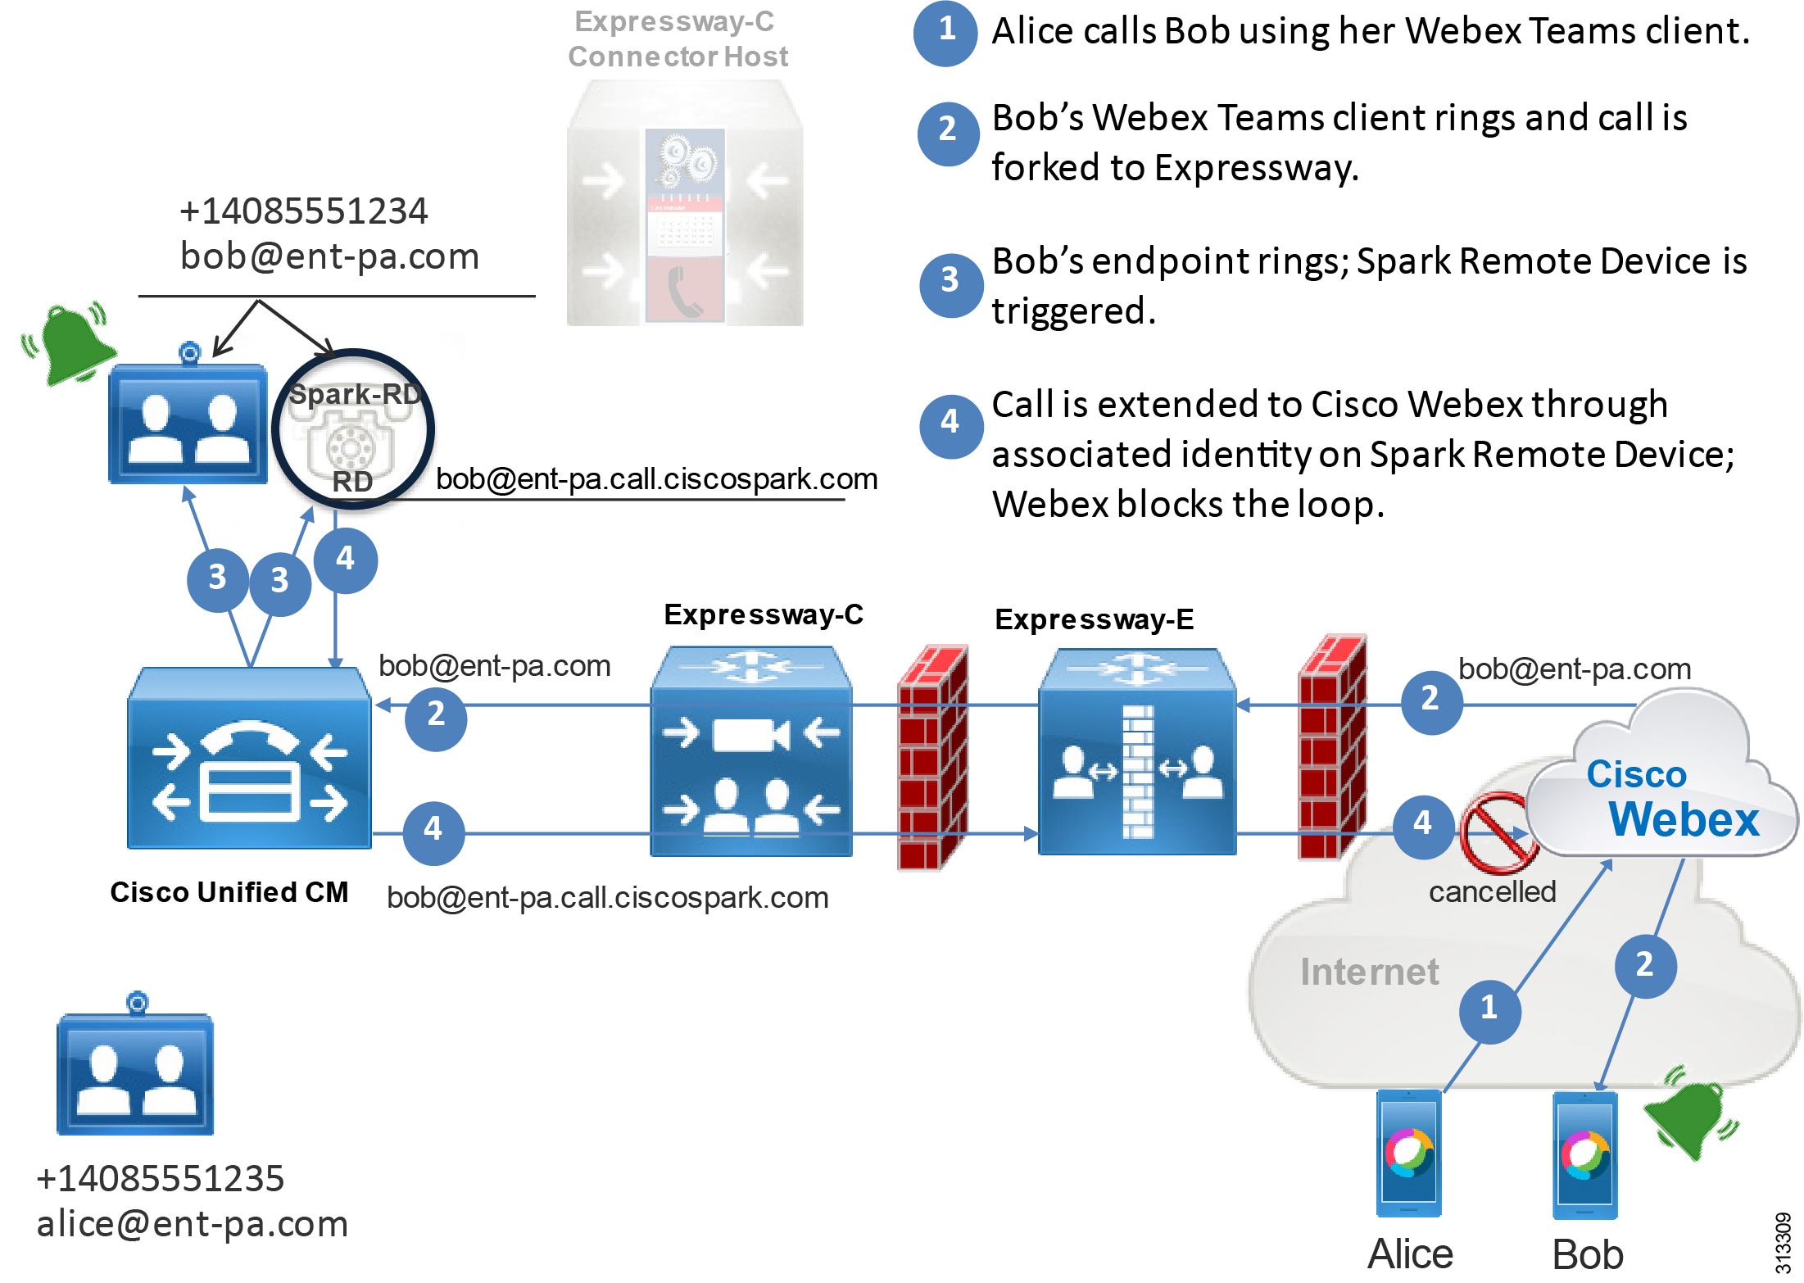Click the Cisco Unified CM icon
(x=249, y=759)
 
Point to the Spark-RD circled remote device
(x=352, y=429)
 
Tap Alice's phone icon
(x=1408, y=1154)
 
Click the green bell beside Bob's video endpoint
(x=72, y=344)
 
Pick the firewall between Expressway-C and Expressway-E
(x=932, y=759)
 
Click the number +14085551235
(x=161, y=1179)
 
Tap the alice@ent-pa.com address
(x=193, y=1224)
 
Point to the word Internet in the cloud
(x=1369, y=972)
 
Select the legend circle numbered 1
(x=945, y=32)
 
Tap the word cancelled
(x=1492, y=891)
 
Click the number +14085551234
(x=303, y=211)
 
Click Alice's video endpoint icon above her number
(x=135, y=1071)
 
